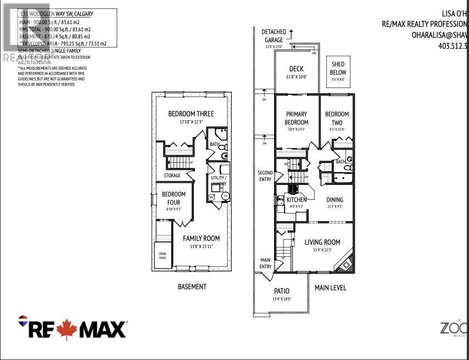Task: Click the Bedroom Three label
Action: (x=191, y=114)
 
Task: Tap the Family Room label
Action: (x=201, y=238)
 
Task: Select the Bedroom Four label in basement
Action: (x=174, y=198)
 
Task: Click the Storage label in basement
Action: (x=172, y=176)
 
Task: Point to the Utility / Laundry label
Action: (x=219, y=181)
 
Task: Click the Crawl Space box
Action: (x=163, y=255)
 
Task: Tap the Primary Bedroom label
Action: (x=297, y=119)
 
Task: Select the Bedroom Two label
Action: (x=337, y=119)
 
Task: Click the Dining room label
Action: (x=334, y=200)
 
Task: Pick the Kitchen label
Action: (x=297, y=200)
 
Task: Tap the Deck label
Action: (x=297, y=69)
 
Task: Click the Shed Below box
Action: (x=338, y=69)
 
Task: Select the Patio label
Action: (x=281, y=291)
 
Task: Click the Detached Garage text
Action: (x=273, y=36)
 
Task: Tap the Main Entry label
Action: (x=265, y=263)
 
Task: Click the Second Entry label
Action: (x=265, y=176)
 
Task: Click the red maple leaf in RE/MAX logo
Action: (x=67, y=328)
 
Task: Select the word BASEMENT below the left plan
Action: (x=192, y=286)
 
